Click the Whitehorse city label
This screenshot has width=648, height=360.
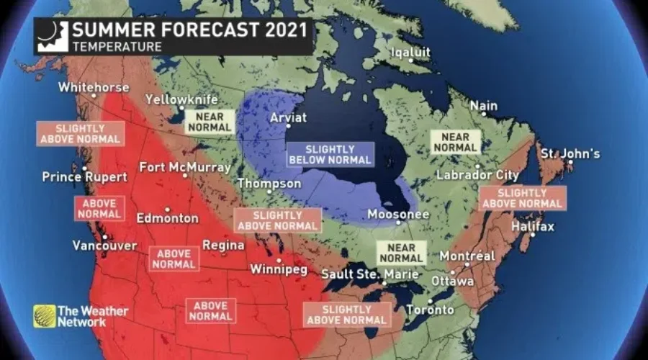coord(94,87)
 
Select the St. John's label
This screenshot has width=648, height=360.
coord(570,153)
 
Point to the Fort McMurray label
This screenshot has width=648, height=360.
coord(185,167)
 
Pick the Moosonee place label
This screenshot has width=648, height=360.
coord(398,215)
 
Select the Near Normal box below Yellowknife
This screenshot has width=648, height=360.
coord(210,122)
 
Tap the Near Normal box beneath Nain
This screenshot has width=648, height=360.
coord(454,142)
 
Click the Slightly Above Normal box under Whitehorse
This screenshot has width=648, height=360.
coord(80,133)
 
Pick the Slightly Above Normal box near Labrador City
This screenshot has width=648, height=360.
coord(523,198)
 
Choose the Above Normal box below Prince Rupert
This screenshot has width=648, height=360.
coord(99,208)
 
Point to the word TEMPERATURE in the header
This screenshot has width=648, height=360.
coord(116,47)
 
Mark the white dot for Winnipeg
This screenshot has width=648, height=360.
coord(279,260)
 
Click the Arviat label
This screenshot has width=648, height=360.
coord(288,117)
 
